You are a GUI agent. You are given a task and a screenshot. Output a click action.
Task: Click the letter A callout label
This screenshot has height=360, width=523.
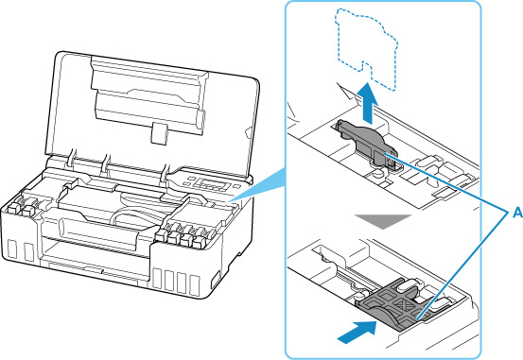[x=517, y=212]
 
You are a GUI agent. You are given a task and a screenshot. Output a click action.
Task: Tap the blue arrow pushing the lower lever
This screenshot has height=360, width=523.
[x=357, y=332]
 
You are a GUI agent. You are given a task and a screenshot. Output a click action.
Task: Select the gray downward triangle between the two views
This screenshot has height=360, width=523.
[x=383, y=221]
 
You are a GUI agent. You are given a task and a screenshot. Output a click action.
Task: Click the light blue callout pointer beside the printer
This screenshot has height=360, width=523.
[x=257, y=187]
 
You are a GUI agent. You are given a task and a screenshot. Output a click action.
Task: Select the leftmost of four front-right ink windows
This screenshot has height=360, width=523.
[x=157, y=278]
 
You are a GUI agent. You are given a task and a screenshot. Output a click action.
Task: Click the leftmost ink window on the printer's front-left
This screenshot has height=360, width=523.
[x=12, y=249]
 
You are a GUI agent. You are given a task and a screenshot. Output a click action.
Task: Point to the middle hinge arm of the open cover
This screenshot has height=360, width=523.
[x=106, y=165]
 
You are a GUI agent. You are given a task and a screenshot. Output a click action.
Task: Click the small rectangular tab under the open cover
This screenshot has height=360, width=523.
[x=159, y=133]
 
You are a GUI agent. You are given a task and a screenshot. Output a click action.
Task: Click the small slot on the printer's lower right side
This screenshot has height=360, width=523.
[x=216, y=280]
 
